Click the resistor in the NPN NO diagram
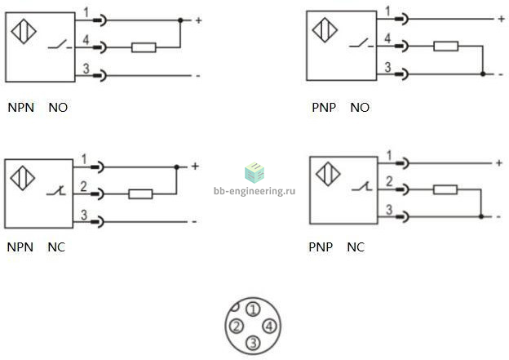[x=144, y=47]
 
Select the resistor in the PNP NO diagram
[x=446, y=47]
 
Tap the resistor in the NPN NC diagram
[x=140, y=194]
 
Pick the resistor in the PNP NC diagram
[x=445, y=189]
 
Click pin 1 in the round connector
[x=253, y=309]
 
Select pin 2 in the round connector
[x=237, y=326]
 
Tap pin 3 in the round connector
[x=253, y=343]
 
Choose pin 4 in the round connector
[x=269, y=326]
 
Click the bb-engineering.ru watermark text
[x=254, y=191]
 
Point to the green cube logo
[x=254, y=172]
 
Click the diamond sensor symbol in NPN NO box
[x=24, y=32]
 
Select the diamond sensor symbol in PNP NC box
[x=328, y=174]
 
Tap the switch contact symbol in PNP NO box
[x=361, y=44]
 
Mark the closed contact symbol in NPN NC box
[x=56, y=191]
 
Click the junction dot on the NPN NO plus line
[x=180, y=20]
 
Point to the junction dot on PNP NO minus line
[x=483, y=74]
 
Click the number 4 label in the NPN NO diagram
[x=86, y=40]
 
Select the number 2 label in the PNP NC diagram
[x=389, y=181]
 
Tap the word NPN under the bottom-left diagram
[x=20, y=247]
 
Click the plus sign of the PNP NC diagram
[x=499, y=162]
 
